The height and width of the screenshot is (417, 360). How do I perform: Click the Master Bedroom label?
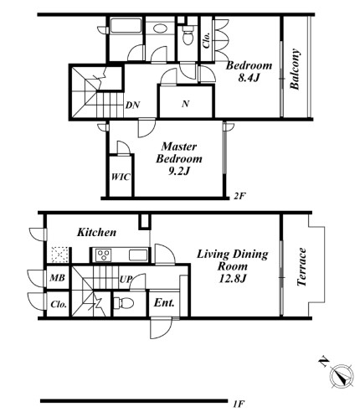point(179,152)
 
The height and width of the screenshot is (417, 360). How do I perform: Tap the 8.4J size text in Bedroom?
point(249,78)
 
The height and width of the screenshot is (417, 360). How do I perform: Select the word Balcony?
point(295,69)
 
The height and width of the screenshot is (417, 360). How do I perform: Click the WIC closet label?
point(121,177)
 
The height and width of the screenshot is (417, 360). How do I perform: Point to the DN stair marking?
point(132,106)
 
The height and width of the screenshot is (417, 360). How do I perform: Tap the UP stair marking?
point(126,279)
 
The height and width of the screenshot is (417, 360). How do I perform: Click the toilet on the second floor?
point(188,35)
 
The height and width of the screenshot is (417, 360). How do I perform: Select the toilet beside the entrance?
point(124,303)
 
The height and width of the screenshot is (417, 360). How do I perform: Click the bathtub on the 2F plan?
point(126,27)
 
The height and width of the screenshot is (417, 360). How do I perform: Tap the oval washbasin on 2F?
point(160,28)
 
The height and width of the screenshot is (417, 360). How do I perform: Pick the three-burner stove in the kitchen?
point(104,255)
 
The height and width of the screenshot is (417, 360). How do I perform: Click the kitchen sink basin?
point(138,255)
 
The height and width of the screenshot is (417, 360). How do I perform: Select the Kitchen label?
point(96,232)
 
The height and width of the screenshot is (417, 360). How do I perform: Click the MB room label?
point(57,278)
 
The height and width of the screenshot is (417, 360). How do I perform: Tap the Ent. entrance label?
point(164,303)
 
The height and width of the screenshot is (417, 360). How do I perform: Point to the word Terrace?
point(301,267)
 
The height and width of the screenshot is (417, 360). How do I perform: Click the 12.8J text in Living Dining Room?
point(232,279)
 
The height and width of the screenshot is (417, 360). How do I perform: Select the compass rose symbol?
point(342,376)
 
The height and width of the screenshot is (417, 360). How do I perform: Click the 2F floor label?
point(239,196)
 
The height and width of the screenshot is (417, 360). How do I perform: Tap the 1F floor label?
point(239,404)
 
